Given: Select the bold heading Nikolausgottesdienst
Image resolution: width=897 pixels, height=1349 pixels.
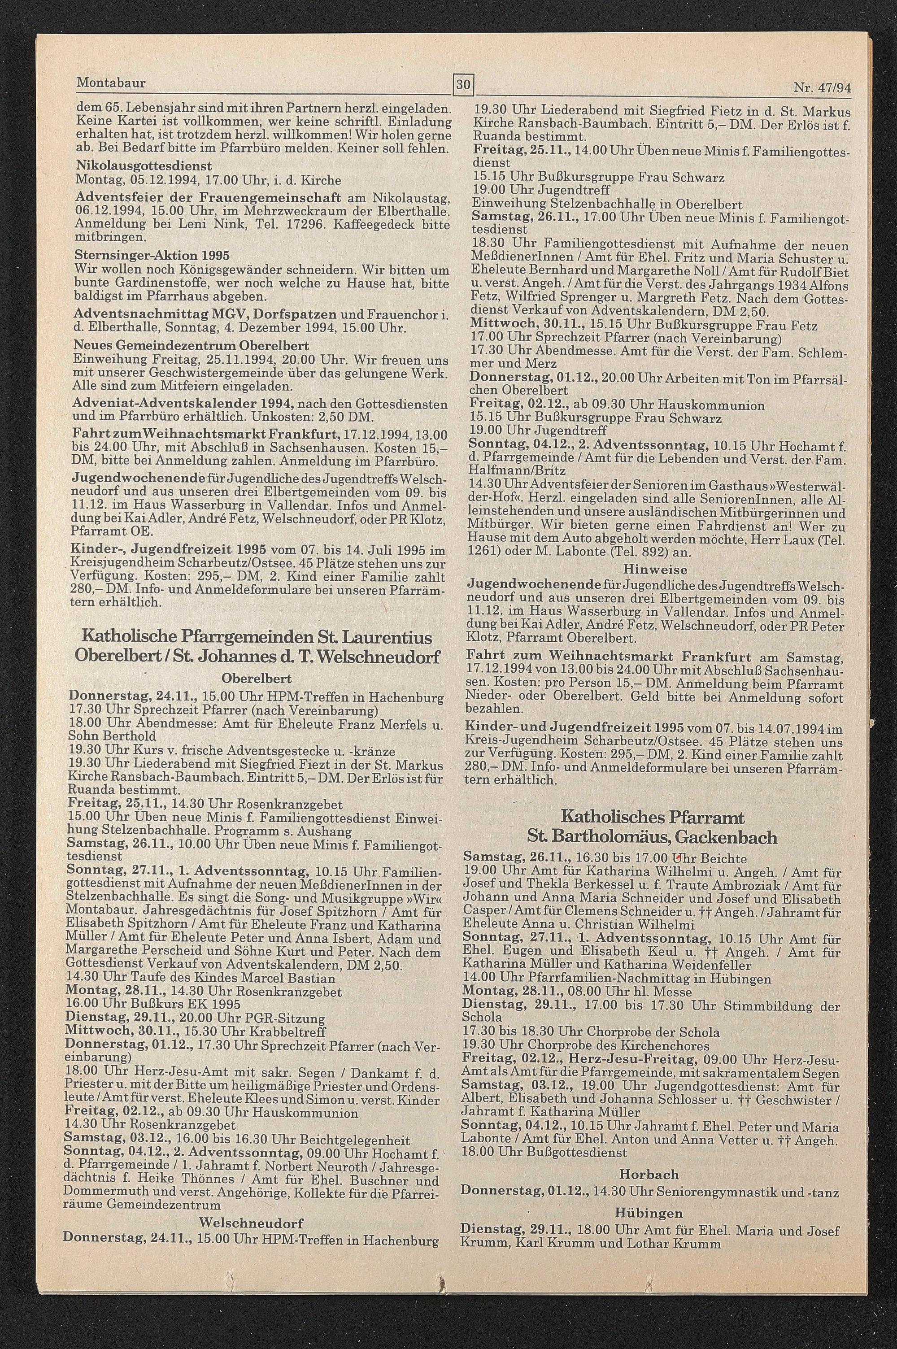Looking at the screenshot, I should click(144, 166).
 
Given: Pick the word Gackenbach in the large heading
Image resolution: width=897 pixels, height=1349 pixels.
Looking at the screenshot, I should click(727, 838).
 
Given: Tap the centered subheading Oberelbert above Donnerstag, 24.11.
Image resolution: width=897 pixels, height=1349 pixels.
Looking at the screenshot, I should click(256, 679).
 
